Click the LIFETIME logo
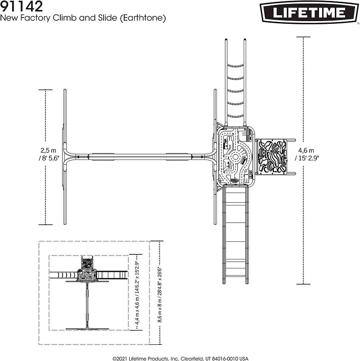309,12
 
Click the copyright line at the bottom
180,358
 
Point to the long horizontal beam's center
139,156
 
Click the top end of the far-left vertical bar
65,91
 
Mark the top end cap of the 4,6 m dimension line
303,38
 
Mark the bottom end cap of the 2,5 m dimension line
46,224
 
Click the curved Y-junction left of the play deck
209,156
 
